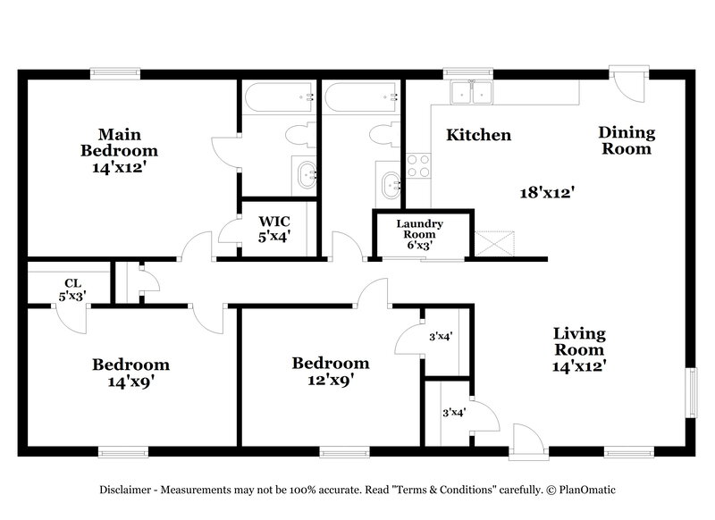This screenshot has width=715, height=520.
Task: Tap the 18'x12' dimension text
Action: point(547,191)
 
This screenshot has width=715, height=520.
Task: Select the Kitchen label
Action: point(478,136)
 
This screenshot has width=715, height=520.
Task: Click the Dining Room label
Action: point(626,141)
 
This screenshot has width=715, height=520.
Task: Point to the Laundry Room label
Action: point(420,229)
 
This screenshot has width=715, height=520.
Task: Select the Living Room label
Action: point(579,348)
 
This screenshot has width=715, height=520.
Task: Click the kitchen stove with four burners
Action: point(417,165)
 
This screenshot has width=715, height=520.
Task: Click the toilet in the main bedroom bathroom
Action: point(295,136)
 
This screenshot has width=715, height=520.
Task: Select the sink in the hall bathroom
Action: point(390,185)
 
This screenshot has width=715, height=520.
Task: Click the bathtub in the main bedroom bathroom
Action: point(277,97)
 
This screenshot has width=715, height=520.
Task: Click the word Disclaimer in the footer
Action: point(126,491)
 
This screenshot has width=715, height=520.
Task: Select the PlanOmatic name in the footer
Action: point(586,491)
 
